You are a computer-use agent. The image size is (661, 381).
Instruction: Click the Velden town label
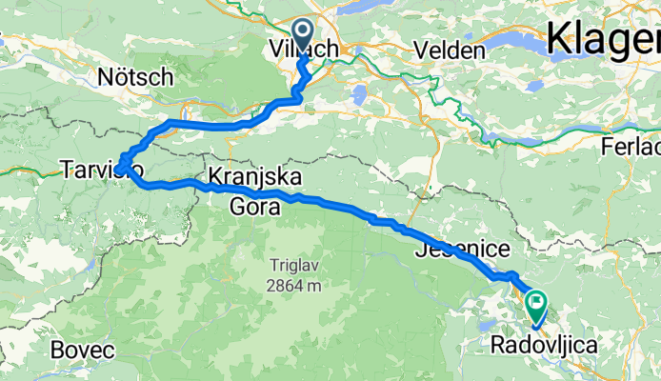coord(449,50)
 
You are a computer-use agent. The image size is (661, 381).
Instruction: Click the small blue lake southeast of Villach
coord(359,94)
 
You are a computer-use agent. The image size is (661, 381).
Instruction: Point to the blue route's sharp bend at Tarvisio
coord(122,168)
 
